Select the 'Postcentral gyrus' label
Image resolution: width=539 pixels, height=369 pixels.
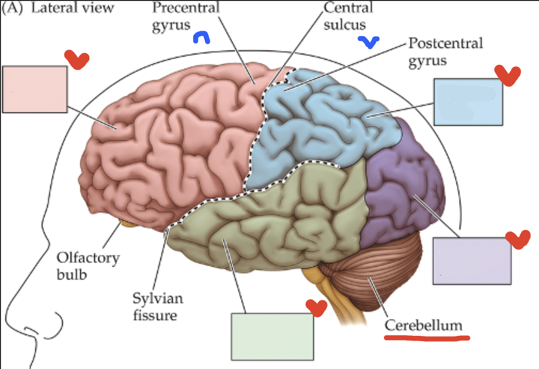(444, 52)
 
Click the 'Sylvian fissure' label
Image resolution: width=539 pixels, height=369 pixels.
(157, 307)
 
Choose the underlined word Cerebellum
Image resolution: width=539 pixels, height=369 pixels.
(423, 325)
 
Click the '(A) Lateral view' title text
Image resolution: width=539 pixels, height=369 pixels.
(59, 8)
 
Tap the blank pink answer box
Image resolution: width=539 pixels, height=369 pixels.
(35, 89)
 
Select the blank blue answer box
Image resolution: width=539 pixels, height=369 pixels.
(468, 102)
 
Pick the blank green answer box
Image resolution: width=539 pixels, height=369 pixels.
(272, 336)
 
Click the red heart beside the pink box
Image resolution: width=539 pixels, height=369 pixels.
(77, 59)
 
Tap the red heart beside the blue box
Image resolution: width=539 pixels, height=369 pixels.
(507, 74)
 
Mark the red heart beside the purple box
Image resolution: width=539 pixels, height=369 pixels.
(518, 239)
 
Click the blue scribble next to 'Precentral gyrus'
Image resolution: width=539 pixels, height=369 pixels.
(201, 38)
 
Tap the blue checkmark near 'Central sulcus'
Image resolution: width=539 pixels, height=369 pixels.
(368, 43)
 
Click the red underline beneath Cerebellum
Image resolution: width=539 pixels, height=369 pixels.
(427, 337)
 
